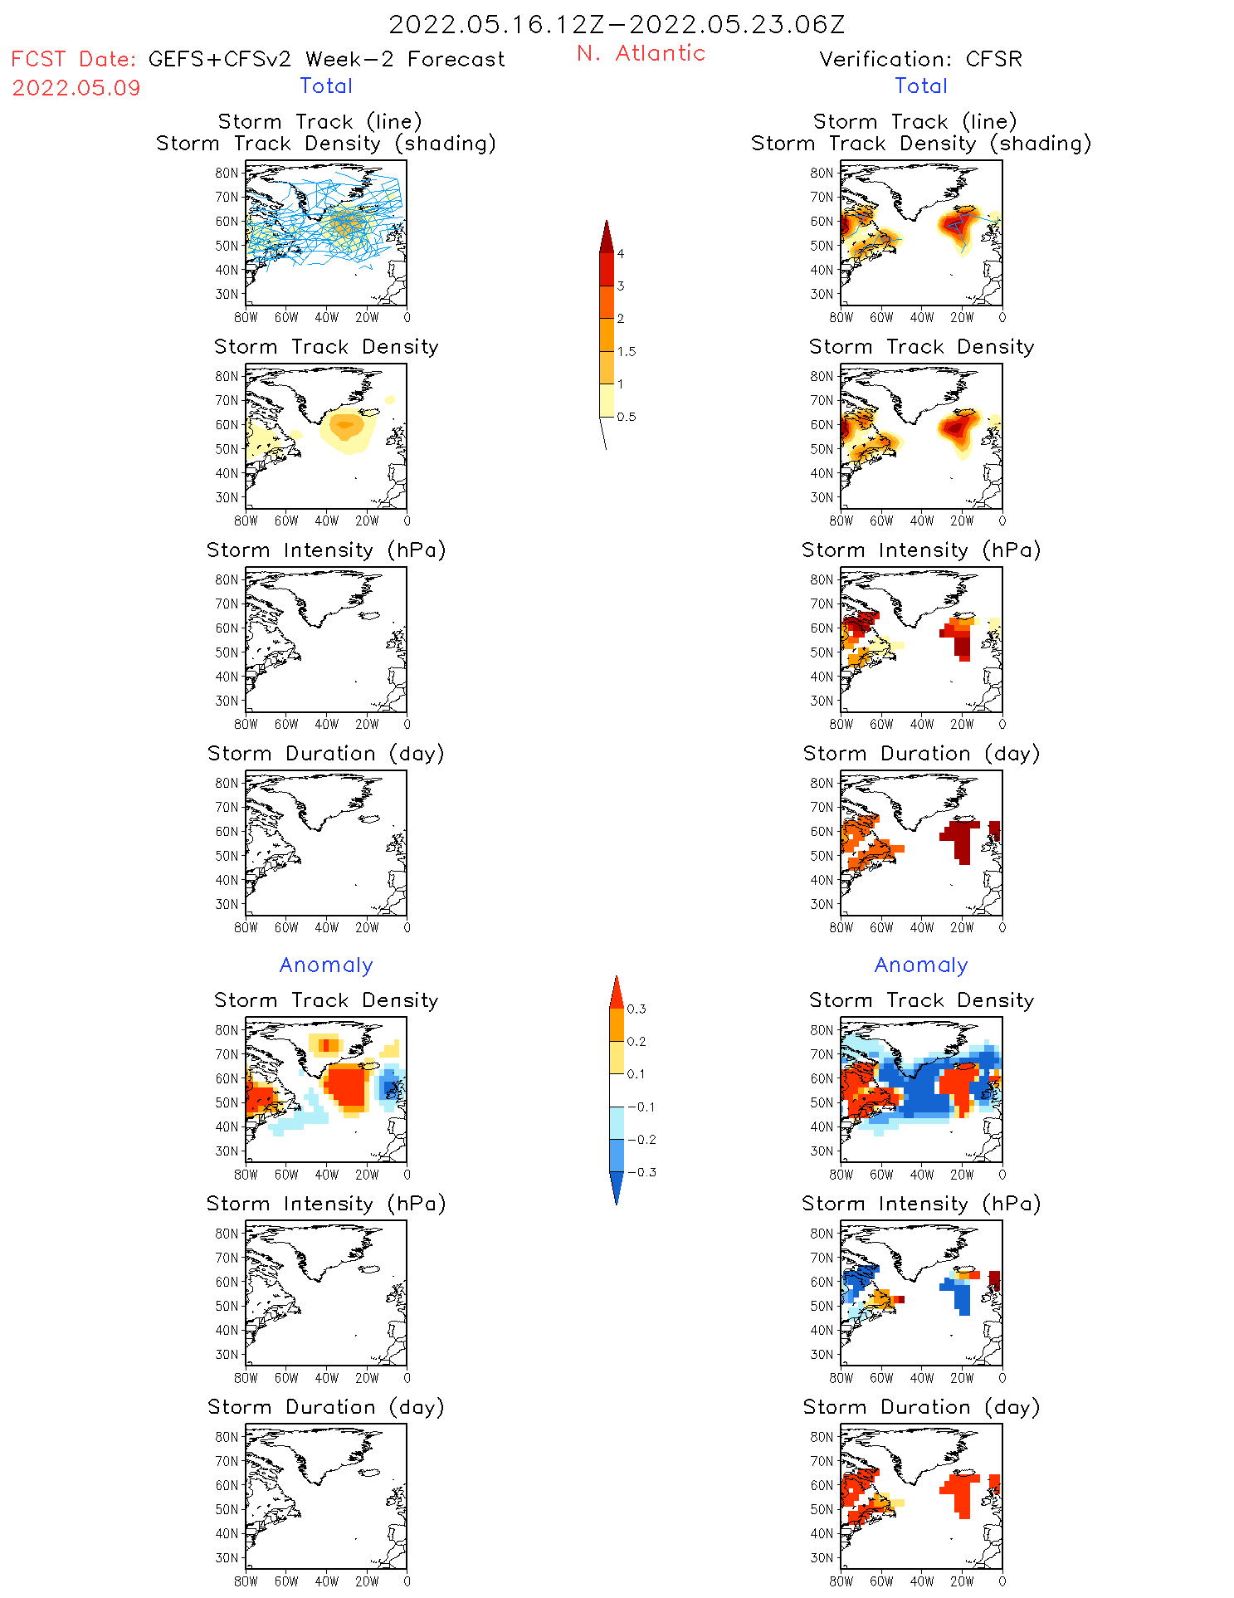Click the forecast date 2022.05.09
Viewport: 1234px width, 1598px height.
[76, 88]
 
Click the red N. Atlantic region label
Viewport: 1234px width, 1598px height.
[641, 53]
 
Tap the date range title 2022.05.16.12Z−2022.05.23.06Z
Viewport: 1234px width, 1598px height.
[617, 24]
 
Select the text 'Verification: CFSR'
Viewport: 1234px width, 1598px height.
[920, 59]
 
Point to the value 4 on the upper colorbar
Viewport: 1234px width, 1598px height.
[621, 254]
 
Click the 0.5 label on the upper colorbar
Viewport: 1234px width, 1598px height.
[627, 417]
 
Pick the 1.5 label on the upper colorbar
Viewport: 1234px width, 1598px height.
[627, 352]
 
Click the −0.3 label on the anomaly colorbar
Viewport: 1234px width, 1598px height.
[641, 1172]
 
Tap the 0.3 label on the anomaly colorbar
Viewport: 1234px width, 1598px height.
[637, 1009]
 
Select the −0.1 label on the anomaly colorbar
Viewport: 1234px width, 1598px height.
[641, 1107]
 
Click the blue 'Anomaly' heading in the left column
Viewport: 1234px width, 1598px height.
[326, 965]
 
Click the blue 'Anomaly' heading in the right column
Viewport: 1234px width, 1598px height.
[921, 965]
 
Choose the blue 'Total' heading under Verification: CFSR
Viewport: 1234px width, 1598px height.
[921, 86]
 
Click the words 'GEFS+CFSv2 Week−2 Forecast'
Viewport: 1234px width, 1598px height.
[326, 59]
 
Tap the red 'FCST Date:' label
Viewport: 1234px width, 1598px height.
[74, 59]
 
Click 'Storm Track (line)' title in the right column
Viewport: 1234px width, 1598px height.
[915, 121]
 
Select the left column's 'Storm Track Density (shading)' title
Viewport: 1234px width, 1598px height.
[326, 143]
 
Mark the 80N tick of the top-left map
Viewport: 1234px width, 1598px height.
[227, 173]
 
